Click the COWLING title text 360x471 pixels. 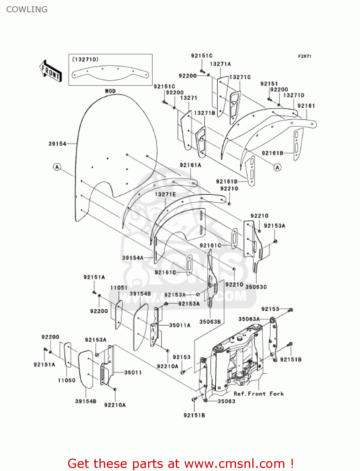[27, 9]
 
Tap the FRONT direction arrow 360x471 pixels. [51, 71]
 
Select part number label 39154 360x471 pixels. [57, 144]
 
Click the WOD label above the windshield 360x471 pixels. [110, 91]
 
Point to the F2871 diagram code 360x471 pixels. [304, 56]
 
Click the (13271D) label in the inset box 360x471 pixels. [85, 59]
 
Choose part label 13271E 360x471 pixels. [165, 194]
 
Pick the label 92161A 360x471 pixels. [191, 165]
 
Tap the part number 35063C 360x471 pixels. [256, 287]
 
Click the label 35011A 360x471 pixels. [180, 325]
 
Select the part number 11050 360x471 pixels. [67, 380]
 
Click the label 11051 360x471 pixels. [119, 288]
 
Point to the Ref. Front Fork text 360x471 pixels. [259, 394]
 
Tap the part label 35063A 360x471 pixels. [249, 319]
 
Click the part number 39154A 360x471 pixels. [133, 258]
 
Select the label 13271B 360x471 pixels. [205, 113]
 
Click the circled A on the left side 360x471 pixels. [57, 167]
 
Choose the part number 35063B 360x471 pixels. [210, 322]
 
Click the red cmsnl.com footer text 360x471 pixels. [180, 463]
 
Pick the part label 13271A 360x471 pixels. [220, 64]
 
